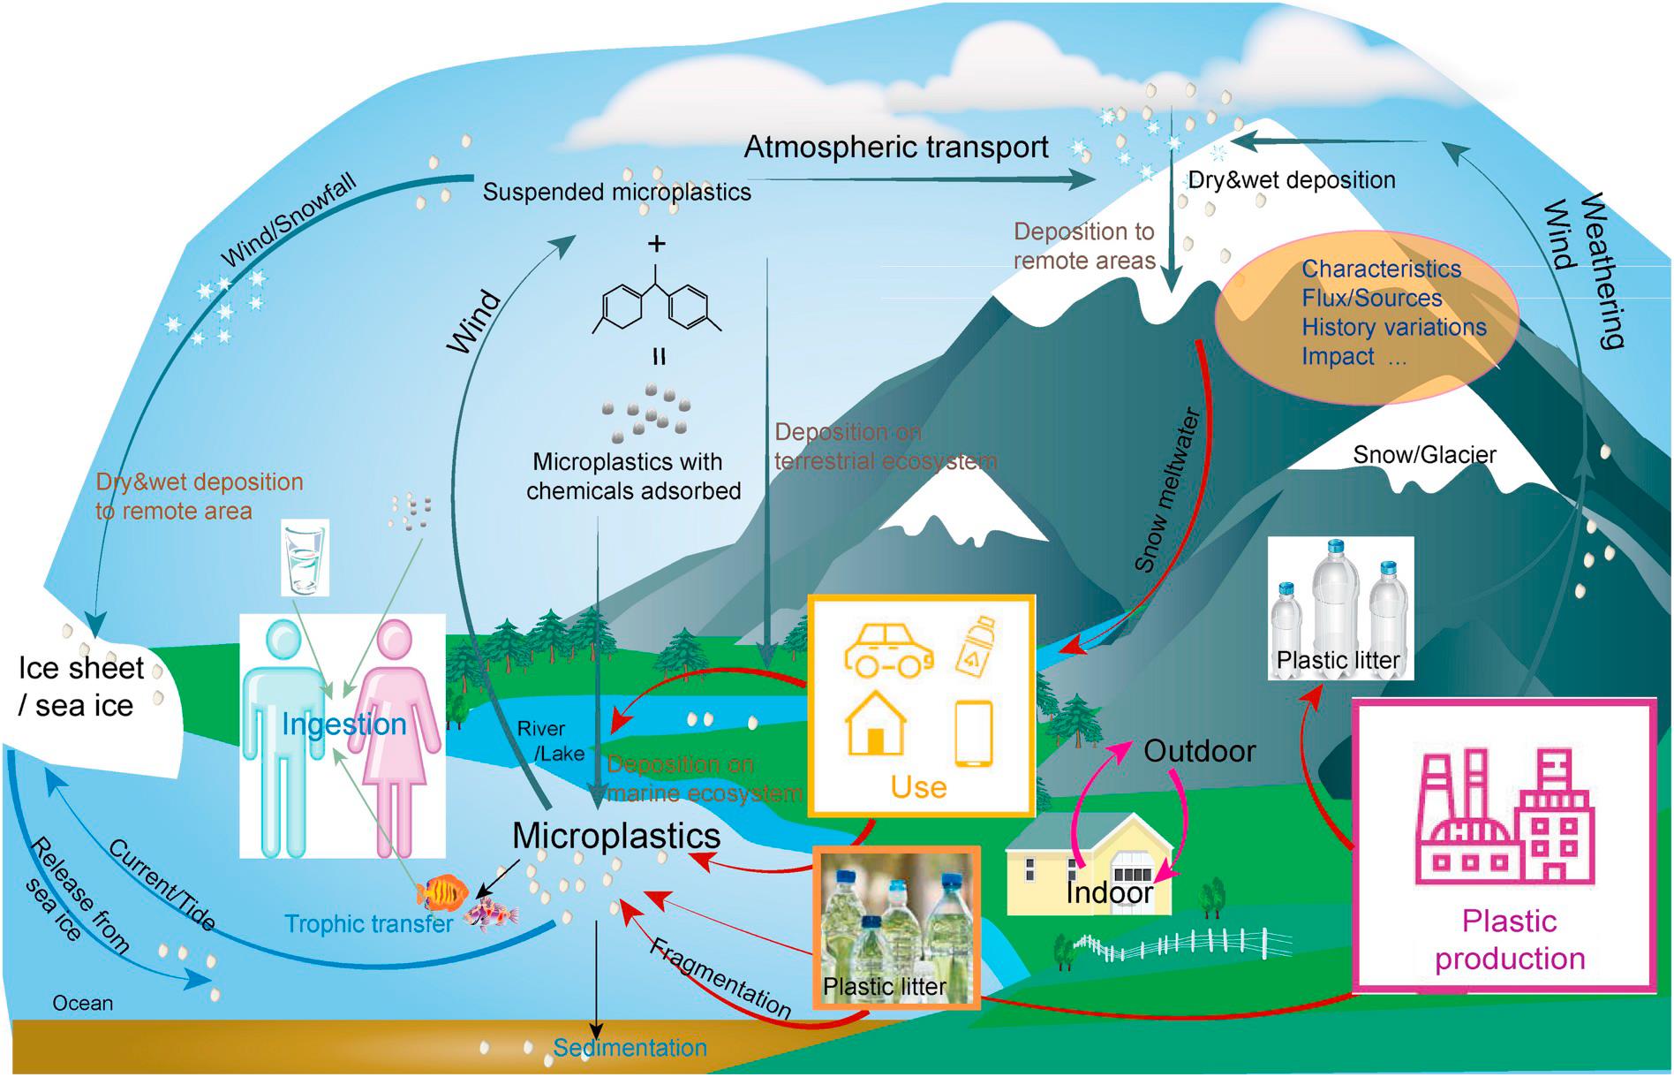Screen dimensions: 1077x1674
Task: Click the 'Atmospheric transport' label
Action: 896,147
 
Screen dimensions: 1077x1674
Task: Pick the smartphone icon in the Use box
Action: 974,732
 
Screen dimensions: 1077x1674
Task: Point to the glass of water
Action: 305,557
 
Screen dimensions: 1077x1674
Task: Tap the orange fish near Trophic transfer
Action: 443,891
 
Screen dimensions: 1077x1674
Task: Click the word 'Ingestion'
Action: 344,724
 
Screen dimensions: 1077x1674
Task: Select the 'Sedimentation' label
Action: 630,1048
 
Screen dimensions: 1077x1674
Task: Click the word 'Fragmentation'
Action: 720,977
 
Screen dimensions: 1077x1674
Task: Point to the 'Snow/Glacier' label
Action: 1424,455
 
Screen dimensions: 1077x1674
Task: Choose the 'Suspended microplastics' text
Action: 616,192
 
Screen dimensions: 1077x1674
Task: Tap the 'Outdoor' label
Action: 1199,751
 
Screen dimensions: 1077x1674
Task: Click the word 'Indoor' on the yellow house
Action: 1109,892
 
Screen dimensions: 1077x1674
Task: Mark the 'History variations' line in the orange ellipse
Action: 1393,327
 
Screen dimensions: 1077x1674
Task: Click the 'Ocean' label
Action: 82,1003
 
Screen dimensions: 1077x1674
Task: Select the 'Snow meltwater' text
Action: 1167,490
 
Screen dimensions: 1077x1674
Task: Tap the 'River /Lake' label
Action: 552,740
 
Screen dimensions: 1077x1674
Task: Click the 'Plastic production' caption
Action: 1509,939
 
